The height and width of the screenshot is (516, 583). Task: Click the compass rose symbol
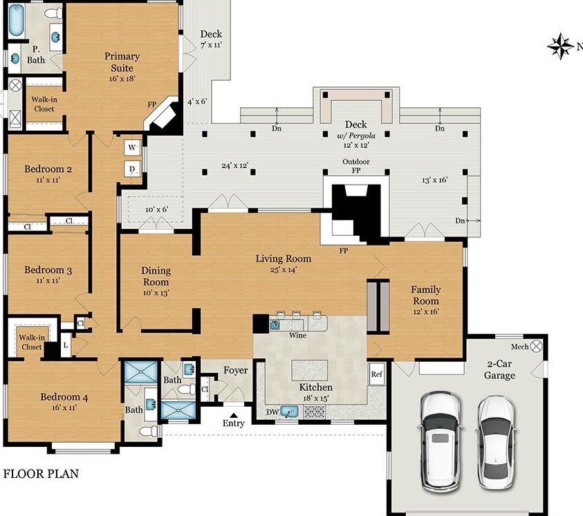coord(561,46)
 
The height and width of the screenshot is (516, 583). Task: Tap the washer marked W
coord(132,147)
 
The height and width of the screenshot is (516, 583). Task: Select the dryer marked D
coord(132,169)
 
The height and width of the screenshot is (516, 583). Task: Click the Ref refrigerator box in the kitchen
coord(376,374)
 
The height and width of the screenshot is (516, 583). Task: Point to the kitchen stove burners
coord(315,412)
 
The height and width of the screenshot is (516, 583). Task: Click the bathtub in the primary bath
coord(16,20)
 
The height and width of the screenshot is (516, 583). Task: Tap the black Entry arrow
coord(234,415)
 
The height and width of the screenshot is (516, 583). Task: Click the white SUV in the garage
coord(441,442)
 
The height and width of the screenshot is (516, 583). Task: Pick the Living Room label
coord(284,259)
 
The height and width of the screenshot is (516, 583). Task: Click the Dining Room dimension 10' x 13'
coord(156,293)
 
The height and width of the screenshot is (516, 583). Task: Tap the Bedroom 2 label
coord(48,169)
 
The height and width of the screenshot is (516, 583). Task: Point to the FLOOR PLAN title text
coord(41,474)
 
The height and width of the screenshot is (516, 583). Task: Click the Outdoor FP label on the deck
coord(356,166)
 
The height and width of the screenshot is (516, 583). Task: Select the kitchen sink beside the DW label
coord(289,412)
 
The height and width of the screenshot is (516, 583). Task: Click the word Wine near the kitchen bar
coord(297,335)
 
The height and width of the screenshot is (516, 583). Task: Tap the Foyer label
coord(235,370)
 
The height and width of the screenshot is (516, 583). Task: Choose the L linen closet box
coord(66,346)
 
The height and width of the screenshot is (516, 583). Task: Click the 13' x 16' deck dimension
coord(434,180)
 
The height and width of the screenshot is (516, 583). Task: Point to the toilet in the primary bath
coord(53,13)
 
